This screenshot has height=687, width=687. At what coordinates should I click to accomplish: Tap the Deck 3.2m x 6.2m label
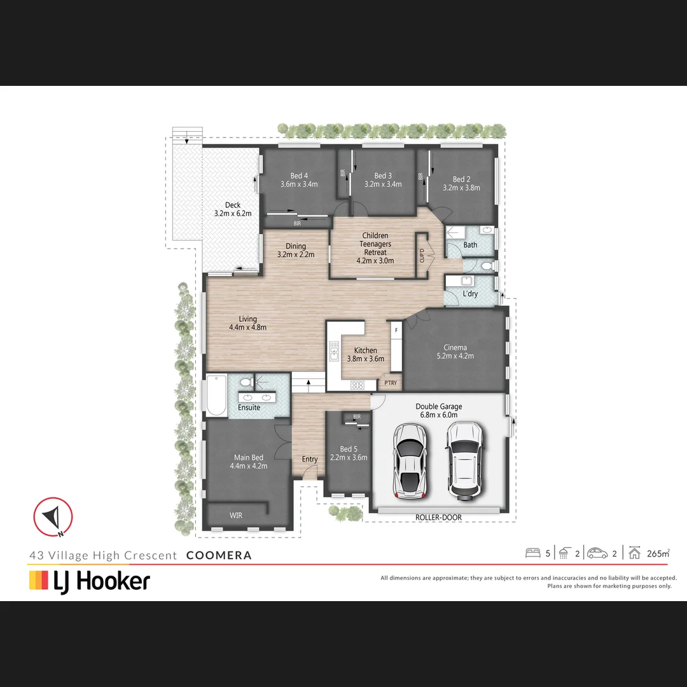(233, 209)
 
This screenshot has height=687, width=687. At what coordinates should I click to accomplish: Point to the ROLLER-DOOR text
(438, 518)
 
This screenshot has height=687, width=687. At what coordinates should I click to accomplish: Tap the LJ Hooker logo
(90, 581)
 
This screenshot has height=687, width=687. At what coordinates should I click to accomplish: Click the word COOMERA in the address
(219, 555)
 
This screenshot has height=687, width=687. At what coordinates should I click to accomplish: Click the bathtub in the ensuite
(216, 395)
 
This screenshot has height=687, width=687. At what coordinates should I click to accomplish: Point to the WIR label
(236, 515)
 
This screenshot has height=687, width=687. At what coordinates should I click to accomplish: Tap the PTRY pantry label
(391, 383)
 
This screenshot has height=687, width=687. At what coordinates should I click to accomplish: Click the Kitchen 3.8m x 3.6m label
(365, 354)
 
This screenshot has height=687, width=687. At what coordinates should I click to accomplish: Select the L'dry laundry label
(470, 294)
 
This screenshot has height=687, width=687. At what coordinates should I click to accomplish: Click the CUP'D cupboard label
(422, 255)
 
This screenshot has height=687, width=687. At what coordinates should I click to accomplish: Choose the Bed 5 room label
(349, 453)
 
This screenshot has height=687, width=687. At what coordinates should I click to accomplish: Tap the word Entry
(310, 459)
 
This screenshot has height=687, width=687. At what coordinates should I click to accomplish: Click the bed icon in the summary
(532, 553)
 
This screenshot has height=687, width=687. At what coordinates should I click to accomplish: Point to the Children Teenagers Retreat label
(375, 248)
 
